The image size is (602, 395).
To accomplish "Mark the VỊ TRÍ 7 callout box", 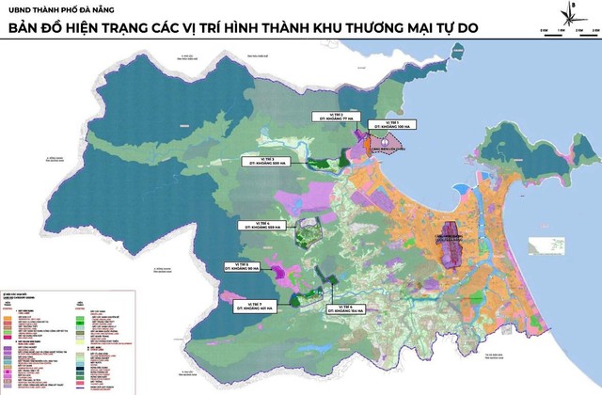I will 256,306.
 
